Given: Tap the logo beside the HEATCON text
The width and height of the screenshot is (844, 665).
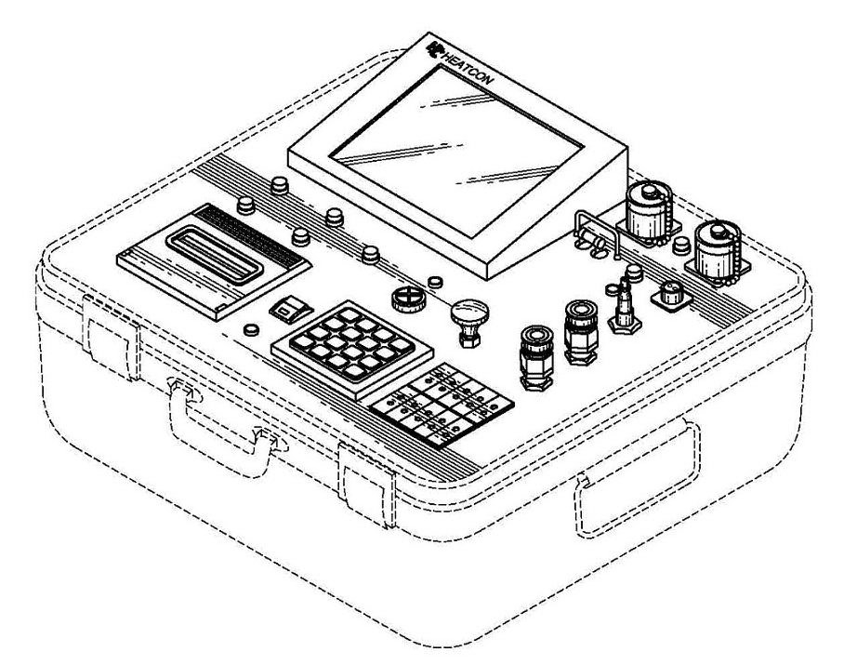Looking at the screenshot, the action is click(x=434, y=49).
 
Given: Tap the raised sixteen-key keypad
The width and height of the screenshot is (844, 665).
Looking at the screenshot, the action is click(x=352, y=349).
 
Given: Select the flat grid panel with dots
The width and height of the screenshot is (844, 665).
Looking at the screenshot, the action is click(x=442, y=405).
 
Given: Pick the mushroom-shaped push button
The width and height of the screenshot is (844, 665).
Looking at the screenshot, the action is click(x=469, y=323).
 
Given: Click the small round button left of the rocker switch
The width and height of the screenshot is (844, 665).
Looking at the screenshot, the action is click(x=251, y=329).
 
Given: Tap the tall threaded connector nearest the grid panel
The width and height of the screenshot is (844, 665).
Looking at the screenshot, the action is click(x=535, y=356).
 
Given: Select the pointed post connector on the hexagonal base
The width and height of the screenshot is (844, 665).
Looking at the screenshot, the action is click(x=625, y=308).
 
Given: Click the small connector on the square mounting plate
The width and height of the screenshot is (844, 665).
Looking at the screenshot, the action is click(x=671, y=296).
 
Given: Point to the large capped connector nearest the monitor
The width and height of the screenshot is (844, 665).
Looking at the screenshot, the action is click(x=648, y=214).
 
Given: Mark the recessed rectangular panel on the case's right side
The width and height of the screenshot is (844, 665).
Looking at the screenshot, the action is click(x=638, y=479).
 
